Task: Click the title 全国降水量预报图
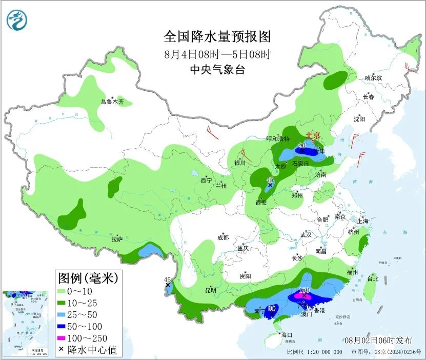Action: [217, 37]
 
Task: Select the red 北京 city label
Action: [313, 135]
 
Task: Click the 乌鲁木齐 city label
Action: [112, 102]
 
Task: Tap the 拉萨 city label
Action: [117, 239]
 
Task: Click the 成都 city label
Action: [223, 237]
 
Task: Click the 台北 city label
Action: [373, 279]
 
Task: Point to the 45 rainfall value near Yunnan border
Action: [167, 279]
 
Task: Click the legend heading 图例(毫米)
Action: [88, 278]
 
